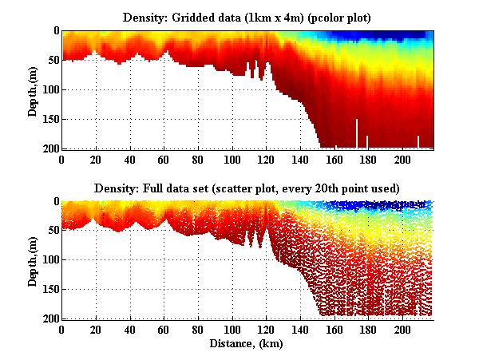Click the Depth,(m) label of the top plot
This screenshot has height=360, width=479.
(x=33, y=89)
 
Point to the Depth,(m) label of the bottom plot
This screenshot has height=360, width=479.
(x=33, y=260)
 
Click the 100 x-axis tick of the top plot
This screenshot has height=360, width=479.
(x=232, y=158)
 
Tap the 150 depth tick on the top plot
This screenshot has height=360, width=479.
(x=50, y=119)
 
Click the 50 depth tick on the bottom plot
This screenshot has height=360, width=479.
(x=53, y=231)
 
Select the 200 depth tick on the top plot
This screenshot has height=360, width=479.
(x=50, y=148)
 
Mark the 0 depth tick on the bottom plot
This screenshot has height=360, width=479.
(x=56, y=201)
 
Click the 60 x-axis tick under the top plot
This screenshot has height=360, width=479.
(x=164, y=158)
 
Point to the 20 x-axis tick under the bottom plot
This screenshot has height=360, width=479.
(x=96, y=329)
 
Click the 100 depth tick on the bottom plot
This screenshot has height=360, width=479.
(x=50, y=260)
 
